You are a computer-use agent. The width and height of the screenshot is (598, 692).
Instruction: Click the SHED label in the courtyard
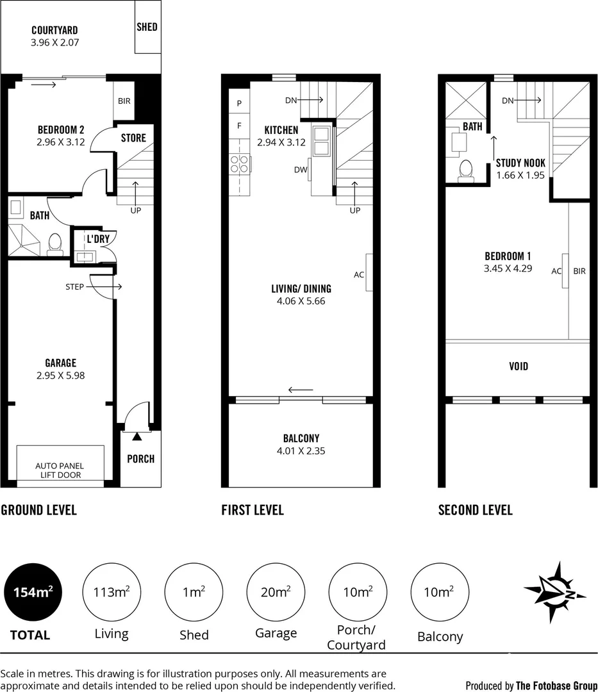(147, 27)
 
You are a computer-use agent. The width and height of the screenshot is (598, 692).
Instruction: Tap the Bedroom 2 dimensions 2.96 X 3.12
(61, 142)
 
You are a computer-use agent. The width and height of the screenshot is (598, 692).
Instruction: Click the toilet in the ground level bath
(56, 243)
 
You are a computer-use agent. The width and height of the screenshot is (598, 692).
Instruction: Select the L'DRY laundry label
(98, 239)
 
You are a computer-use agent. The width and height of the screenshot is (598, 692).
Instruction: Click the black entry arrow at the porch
(137, 437)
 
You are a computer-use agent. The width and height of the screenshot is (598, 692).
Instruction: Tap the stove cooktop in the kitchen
(240, 165)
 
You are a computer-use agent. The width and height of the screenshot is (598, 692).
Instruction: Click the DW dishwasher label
(300, 170)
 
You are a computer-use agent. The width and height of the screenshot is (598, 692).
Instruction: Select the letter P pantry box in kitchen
(239, 103)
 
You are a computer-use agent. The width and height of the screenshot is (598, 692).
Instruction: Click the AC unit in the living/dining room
(369, 273)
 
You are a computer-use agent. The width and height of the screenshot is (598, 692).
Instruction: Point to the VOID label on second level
(518, 367)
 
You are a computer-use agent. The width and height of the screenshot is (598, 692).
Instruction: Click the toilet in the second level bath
(466, 169)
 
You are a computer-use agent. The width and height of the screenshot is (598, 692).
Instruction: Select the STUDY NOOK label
(520, 163)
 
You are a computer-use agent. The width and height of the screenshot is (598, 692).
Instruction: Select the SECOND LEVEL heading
(475, 510)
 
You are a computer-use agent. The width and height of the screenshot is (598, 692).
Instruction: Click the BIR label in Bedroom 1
(579, 271)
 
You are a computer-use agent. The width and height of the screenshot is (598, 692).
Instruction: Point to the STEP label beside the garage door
(74, 286)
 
